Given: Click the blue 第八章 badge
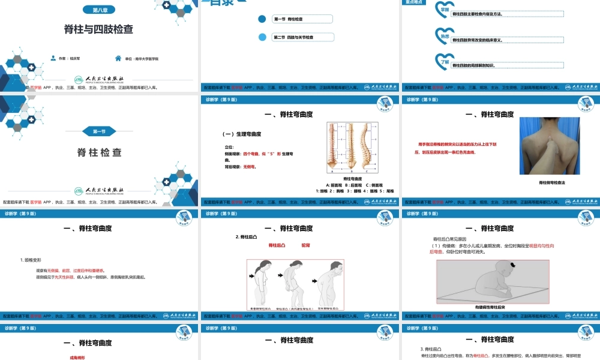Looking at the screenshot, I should point(99,10).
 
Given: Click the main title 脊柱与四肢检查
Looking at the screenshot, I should point(99,28).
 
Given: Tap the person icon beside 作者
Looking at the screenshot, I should point(53,59).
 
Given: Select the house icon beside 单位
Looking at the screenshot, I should point(118,59).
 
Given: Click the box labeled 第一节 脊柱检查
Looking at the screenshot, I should point(301,19).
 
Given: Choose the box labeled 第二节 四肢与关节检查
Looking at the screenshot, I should point(301,37).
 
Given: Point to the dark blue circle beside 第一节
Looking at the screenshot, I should point(262,19).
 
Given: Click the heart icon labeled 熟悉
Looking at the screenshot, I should point(443,36).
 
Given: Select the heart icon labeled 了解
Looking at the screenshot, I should point(443,60).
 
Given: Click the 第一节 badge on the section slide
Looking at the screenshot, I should point(99,131).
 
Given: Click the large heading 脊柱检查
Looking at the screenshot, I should point(99,152).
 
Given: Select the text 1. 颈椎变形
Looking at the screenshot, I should point(31,260).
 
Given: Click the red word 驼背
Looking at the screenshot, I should point(305,245).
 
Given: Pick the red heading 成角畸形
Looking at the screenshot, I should point(78,357).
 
